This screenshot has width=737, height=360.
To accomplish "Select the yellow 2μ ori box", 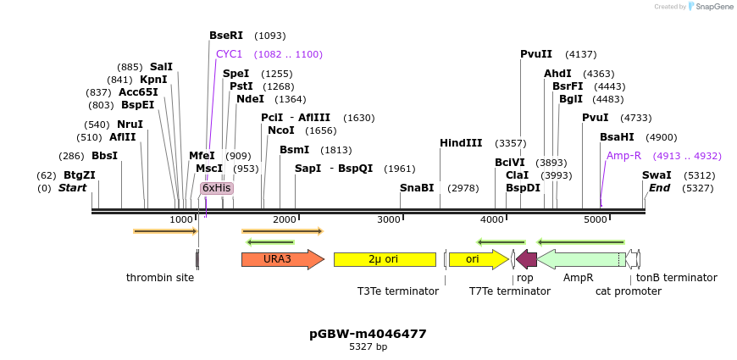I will [384, 259].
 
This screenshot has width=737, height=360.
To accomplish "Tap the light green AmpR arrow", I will [580, 259].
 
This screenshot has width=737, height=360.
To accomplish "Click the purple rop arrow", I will [526, 259].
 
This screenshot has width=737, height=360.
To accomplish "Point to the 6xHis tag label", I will [216, 188].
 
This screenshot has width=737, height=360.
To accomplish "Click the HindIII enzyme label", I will [461, 143].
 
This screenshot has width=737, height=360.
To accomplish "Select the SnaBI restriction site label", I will [417, 188].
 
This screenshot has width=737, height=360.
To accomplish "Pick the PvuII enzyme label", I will [536, 54].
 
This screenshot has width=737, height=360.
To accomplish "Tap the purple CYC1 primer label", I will [229, 54].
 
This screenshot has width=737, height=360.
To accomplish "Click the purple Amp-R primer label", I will [623, 156].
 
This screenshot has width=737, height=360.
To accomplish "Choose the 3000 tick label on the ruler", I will [388, 220].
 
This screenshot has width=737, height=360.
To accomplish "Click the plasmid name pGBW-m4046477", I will [368, 334].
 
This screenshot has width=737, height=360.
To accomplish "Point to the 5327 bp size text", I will [368, 347].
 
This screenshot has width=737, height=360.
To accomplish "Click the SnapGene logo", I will [710, 7].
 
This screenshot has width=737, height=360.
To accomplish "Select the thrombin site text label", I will [160, 278].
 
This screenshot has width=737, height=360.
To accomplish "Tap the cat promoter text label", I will [628, 291].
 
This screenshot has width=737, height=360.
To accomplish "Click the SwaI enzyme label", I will [657, 175].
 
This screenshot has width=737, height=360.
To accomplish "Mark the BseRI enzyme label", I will [226, 36].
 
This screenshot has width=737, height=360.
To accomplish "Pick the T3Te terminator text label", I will [397, 291].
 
